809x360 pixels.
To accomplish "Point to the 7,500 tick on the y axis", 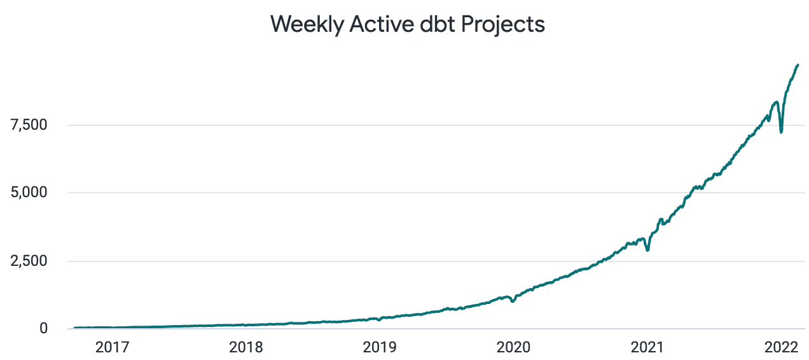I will [29, 125].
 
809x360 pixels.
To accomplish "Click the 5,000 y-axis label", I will [29, 193].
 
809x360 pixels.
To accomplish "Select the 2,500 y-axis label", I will [29, 261].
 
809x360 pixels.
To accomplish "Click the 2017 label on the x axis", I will [113, 348].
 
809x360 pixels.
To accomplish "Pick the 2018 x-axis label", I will [246, 348].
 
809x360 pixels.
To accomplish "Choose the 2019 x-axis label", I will [380, 348].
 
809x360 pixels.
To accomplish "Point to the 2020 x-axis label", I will [513, 348].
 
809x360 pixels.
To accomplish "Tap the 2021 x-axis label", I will [647, 348].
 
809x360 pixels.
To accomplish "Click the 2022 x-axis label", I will [780, 348].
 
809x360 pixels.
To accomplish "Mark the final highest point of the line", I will [798, 65].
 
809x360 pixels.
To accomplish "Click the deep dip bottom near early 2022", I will [781, 132].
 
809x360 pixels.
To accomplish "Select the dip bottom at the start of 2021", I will [647, 250].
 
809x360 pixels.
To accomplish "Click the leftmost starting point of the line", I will [74, 328].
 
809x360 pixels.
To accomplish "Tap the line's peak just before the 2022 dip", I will [777, 102].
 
